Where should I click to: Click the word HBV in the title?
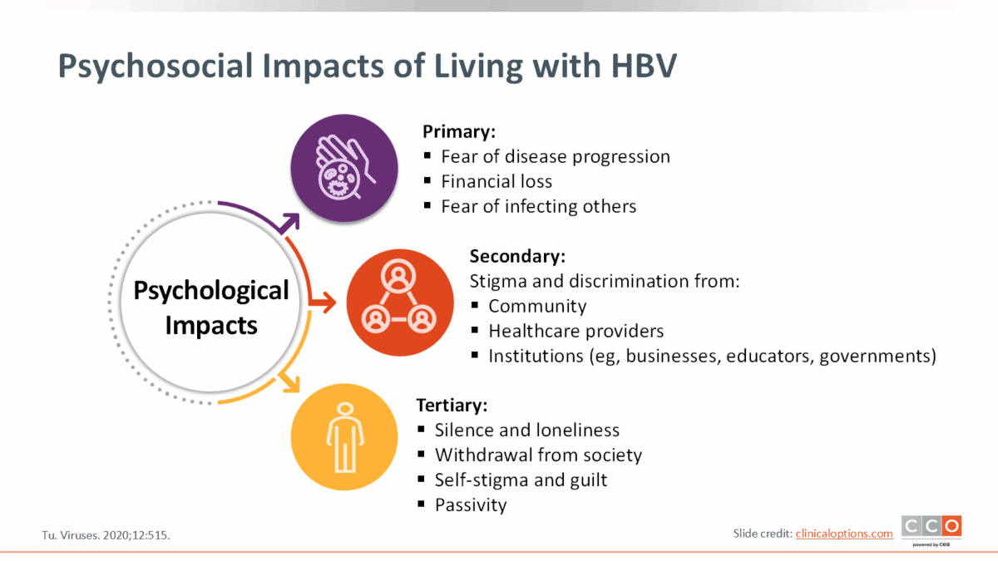coord(644,66)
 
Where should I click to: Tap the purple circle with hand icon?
coord(344,168)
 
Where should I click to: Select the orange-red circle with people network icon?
coord(400,303)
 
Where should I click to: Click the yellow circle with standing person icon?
coord(344,437)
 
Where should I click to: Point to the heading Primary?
coord(459,132)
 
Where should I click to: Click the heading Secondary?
coord(517,257)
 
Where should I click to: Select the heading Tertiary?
coord(452,406)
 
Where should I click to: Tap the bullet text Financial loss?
coord(497,182)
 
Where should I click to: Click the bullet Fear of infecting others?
coord(539,207)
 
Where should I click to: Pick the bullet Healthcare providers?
coord(576,332)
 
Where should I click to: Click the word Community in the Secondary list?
coord(537,307)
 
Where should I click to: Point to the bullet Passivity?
coord(471,505)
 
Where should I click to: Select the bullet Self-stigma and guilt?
coord(521,480)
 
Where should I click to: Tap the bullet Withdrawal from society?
coord(538,455)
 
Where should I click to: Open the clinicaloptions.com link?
coord(844,534)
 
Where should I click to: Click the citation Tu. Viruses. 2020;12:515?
coord(106,535)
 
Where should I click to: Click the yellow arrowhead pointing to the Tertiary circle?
coord(290,383)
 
